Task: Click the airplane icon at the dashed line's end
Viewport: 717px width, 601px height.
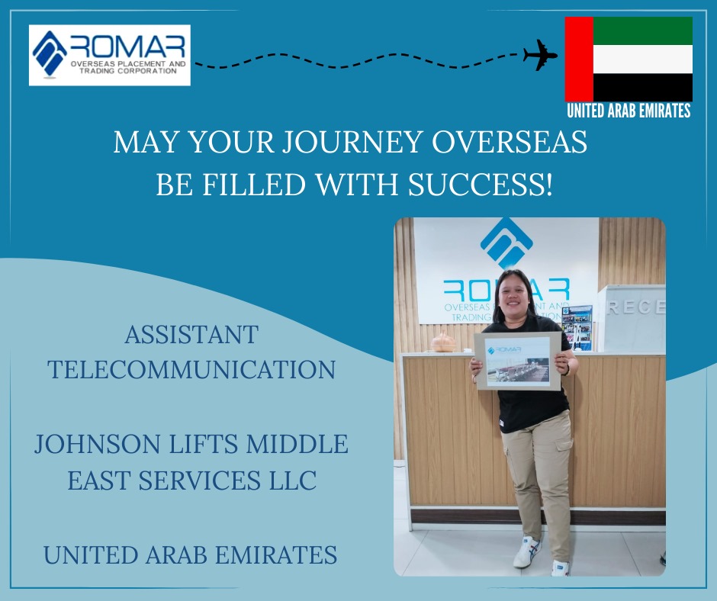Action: tap(541, 56)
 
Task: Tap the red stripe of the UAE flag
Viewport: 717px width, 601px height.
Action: tap(580, 59)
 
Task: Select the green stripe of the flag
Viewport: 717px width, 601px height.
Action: tap(643, 31)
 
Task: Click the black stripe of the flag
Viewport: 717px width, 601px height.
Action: tap(643, 88)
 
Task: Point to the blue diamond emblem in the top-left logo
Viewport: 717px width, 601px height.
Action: tap(49, 53)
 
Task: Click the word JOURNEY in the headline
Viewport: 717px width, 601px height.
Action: tap(351, 142)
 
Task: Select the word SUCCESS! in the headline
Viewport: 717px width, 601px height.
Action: tap(480, 185)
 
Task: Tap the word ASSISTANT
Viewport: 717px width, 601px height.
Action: tap(191, 335)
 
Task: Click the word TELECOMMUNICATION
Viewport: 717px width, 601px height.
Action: tap(191, 370)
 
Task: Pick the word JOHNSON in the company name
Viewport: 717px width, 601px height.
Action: tap(98, 444)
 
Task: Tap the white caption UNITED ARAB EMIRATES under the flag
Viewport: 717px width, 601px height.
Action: tap(629, 111)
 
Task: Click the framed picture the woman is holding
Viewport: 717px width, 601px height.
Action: tap(518, 361)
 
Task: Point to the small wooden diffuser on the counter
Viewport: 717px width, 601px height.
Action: tap(444, 342)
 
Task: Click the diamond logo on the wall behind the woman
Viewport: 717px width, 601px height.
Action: tap(506, 243)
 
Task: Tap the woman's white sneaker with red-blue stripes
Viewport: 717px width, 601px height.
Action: tap(527, 551)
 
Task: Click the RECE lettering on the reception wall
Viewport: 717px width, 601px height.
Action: tap(635, 307)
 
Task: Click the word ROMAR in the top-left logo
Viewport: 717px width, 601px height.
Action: tap(128, 47)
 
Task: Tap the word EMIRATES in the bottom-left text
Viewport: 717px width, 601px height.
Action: tap(276, 554)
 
